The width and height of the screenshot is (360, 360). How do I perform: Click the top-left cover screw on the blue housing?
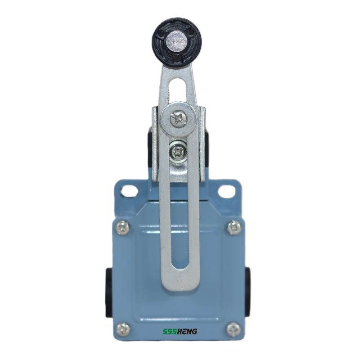[123, 228]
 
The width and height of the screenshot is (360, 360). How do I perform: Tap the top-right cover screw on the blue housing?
[234, 228]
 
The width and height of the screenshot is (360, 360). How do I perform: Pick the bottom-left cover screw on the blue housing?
[123, 329]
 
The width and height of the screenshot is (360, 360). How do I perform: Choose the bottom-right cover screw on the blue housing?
[234, 329]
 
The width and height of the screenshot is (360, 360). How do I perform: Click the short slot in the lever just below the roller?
[180, 90]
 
